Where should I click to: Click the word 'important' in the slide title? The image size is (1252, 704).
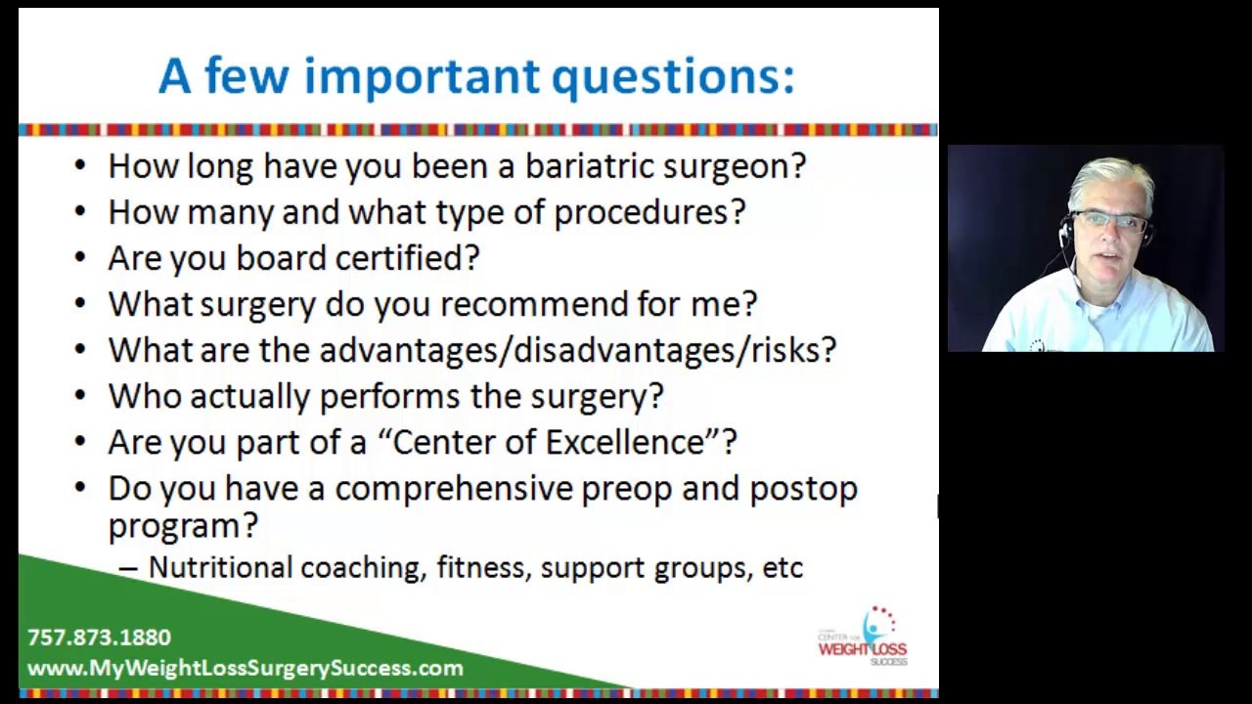pos(422,76)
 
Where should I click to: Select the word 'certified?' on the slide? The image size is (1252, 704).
pos(407,258)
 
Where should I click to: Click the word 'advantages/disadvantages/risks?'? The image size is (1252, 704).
pos(577,350)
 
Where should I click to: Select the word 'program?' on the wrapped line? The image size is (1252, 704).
pos(183,526)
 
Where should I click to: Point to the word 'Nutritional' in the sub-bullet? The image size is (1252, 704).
pos(220,568)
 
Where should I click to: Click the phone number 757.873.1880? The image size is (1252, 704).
pos(99,638)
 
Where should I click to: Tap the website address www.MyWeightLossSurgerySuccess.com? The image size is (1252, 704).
pos(245,669)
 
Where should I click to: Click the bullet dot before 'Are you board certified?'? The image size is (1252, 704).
pos(80,259)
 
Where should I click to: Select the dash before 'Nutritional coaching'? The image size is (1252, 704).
pos(128,569)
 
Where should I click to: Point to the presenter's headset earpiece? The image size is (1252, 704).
pos(1066,231)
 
